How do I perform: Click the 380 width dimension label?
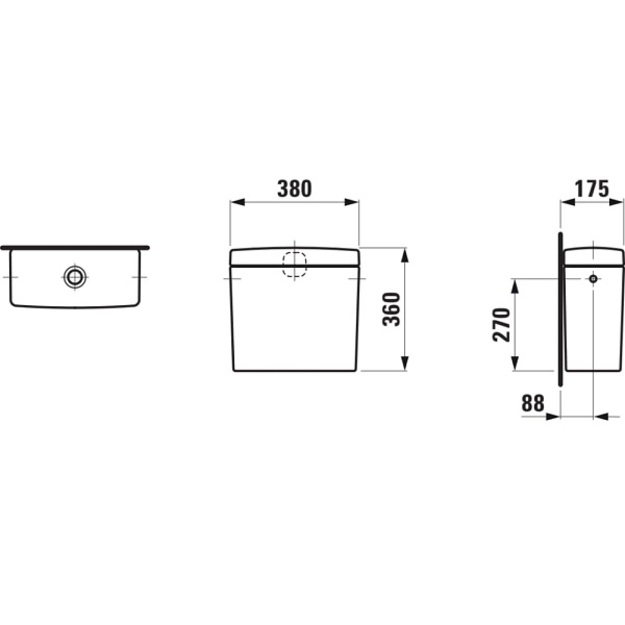295,189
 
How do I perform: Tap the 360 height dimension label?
391,309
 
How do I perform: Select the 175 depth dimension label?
592,189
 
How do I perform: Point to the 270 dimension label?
501,324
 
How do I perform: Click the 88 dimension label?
533,403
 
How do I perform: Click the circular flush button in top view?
75,277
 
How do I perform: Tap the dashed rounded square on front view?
295,265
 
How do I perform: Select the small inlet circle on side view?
594,279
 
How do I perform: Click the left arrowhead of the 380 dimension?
238,202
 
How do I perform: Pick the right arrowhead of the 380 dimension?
352,202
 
